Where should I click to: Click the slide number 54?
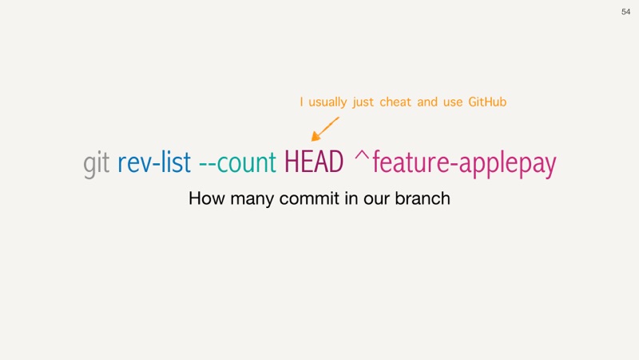click(x=625, y=12)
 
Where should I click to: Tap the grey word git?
click(x=96, y=163)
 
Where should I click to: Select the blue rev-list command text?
click(x=154, y=162)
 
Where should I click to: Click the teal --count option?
click(x=237, y=162)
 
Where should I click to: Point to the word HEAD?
click(x=314, y=162)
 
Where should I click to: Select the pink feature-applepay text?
click(x=464, y=163)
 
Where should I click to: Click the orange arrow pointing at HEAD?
click(x=325, y=130)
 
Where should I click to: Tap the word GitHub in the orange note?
click(x=487, y=102)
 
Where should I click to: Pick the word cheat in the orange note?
click(x=395, y=102)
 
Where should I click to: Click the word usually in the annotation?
click(x=327, y=102)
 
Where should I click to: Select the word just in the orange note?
click(x=363, y=102)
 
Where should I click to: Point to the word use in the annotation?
click(x=453, y=102)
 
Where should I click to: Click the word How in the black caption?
click(x=207, y=198)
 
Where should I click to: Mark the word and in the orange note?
click(x=427, y=102)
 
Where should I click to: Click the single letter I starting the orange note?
click(x=301, y=102)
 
